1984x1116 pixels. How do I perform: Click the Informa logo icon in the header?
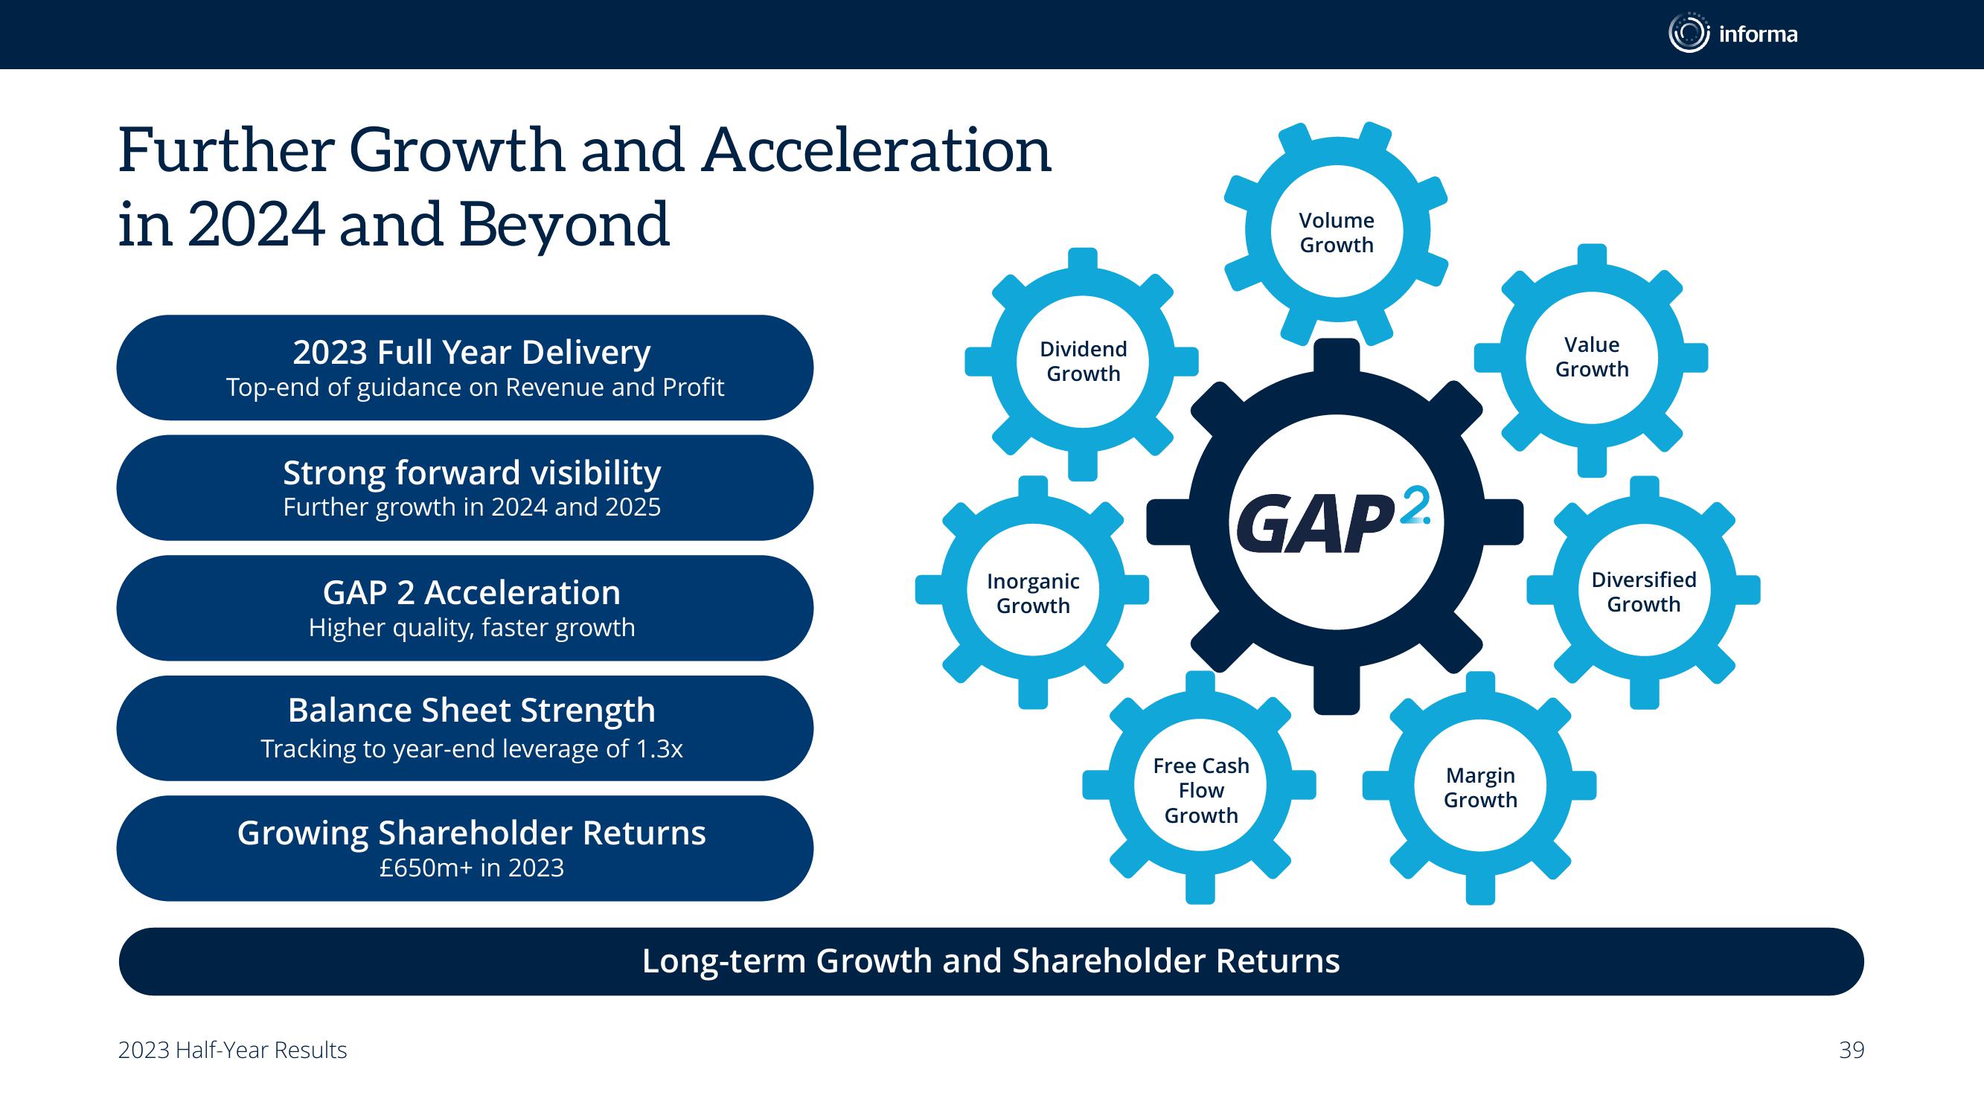[x=1689, y=33]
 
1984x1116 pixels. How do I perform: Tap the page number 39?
[x=1852, y=1050]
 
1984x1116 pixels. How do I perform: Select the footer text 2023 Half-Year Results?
[x=233, y=1051]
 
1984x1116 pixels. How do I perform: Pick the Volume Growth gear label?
[x=1337, y=233]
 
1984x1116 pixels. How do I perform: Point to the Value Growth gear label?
[x=1592, y=356]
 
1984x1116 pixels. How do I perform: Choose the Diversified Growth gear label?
[x=1644, y=591]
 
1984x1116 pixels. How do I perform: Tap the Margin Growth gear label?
[x=1480, y=787]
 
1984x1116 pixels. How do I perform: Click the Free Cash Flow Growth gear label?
[x=1200, y=790]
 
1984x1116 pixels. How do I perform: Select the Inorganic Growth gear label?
[x=1033, y=593]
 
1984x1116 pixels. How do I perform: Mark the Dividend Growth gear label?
[x=1083, y=362]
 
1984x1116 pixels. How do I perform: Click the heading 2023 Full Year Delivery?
[x=471, y=353]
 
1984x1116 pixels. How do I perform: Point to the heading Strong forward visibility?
[x=471, y=473]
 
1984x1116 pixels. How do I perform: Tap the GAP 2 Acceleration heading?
[x=471, y=593]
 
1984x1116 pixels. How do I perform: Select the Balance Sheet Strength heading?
[x=471, y=710]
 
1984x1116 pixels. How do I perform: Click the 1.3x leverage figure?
[x=659, y=748]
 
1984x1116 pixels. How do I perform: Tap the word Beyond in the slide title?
[x=565, y=225]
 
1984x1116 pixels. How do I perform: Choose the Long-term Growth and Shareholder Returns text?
[x=991, y=961]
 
